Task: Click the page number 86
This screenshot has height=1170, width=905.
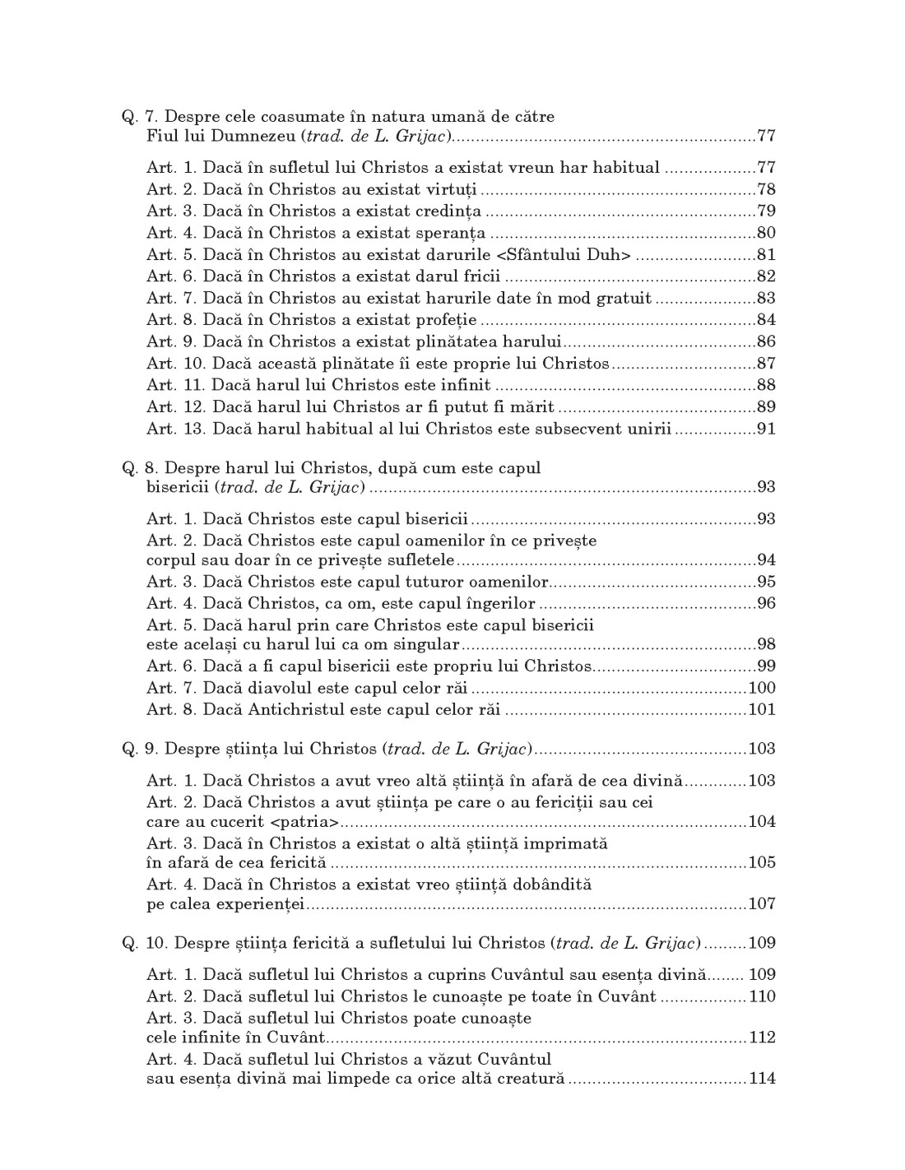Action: click(x=766, y=341)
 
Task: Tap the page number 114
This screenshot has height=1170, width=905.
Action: click(x=762, y=1079)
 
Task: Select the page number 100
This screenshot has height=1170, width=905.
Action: click(x=762, y=688)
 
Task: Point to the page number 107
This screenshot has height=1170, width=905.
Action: click(x=762, y=903)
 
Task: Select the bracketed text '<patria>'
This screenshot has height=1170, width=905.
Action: click(x=305, y=822)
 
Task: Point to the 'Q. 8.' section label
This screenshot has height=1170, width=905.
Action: click(x=141, y=468)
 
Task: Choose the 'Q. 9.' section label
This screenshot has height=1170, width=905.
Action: click(x=141, y=749)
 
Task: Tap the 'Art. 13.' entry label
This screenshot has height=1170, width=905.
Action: click(x=177, y=429)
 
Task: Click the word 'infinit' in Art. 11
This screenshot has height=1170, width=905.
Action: click(x=465, y=385)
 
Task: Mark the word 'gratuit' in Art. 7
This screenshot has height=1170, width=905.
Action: click(x=622, y=298)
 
